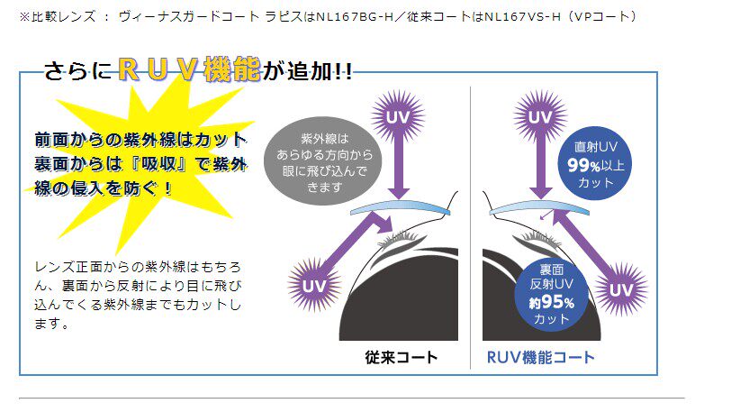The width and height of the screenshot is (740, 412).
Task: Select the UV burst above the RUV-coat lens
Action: pyautogui.click(x=539, y=117)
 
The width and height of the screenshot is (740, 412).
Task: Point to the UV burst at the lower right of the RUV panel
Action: pyautogui.click(x=619, y=289)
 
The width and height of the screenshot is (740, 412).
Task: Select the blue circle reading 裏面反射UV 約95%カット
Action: pyautogui.click(x=552, y=295)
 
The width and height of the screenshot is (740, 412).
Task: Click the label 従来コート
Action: pyautogui.click(x=402, y=357)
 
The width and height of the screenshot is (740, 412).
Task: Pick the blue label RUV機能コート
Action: pyautogui.click(x=540, y=357)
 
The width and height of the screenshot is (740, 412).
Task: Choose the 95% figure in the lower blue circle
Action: pyautogui.click(x=552, y=303)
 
